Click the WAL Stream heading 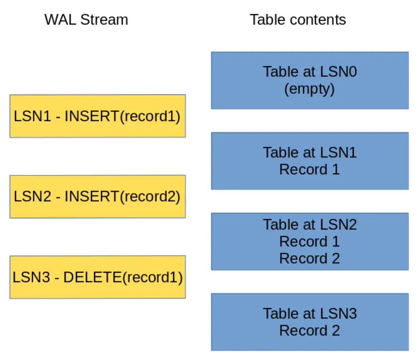click(x=86, y=20)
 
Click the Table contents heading click(x=298, y=20)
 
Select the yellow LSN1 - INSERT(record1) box click(x=97, y=116)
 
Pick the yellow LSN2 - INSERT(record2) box click(x=97, y=196)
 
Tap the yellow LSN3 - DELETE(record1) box click(x=97, y=277)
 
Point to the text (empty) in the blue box click(x=309, y=89)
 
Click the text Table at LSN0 click(x=310, y=72)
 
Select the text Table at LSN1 click(x=310, y=153)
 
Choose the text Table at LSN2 click(x=310, y=224)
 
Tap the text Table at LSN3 click(x=310, y=313)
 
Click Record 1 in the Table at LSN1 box click(x=309, y=170)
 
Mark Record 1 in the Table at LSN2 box click(x=309, y=242)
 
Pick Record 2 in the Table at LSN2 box click(x=309, y=259)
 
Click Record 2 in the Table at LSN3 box click(x=309, y=330)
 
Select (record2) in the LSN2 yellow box click(x=150, y=196)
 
